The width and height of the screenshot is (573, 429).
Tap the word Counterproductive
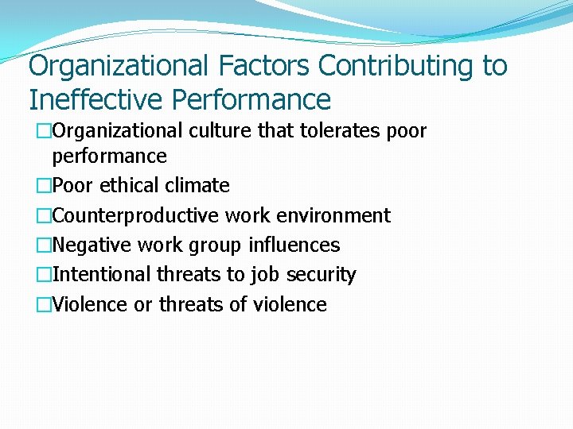(x=135, y=215)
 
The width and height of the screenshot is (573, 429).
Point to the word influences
(x=294, y=245)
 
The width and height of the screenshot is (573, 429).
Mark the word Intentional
(x=101, y=275)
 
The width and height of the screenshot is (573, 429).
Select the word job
(x=260, y=275)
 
